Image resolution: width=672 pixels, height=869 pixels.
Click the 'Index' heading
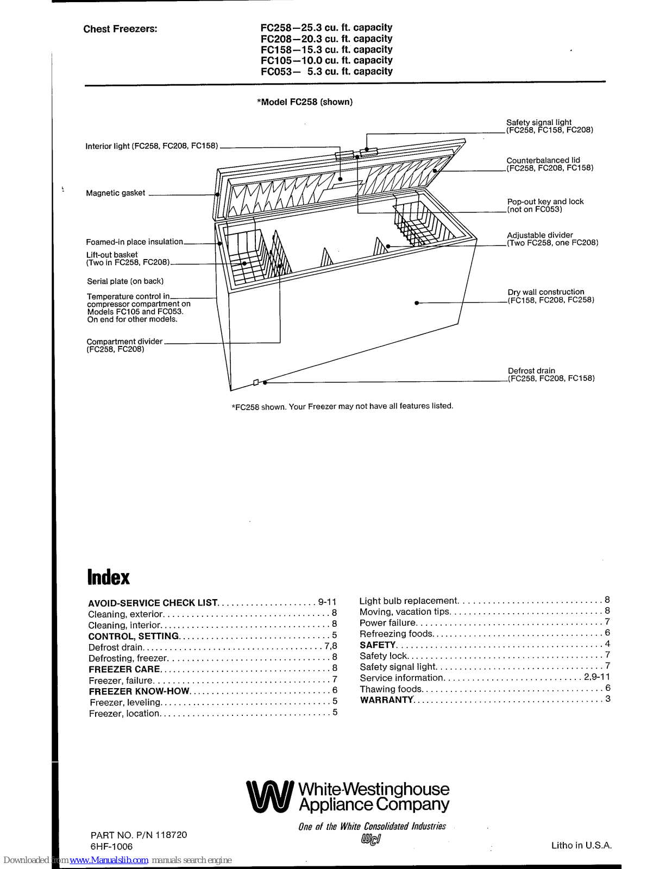[x=109, y=577]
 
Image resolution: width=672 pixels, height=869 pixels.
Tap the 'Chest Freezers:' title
[x=120, y=29]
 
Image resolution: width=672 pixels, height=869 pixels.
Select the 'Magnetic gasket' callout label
[x=116, y=193]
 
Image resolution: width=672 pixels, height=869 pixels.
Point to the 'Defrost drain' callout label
[x=531, y=371]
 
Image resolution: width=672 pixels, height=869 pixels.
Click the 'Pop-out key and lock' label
[x=545, y=201]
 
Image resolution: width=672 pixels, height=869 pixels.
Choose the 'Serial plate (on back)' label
[x=125, y=281]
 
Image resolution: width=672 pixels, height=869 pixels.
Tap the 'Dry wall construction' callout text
[x=545, y=292]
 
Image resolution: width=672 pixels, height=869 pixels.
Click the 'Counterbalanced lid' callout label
[x=543, y=160]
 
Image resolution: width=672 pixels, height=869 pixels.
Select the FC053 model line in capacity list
[x=326, y=72]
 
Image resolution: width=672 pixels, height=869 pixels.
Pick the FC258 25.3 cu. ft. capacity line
[x=326, y=28]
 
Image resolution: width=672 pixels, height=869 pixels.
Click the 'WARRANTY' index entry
[x=386, y=700]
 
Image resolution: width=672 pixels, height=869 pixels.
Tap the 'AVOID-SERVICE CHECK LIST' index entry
[x=153, y=603]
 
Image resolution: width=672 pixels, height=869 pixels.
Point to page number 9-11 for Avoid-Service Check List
[x=327, y=602]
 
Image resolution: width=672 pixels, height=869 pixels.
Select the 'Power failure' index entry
[x=387, y=623]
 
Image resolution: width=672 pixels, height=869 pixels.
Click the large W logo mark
[x=269, y=797]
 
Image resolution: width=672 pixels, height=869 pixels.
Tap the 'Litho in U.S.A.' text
[x=581, y=846]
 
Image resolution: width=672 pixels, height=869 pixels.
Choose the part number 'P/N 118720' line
[x=139, y=835]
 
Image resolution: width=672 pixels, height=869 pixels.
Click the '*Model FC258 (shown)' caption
[x=304, y=102]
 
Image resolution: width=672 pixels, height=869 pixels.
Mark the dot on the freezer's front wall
[x=416, y=303]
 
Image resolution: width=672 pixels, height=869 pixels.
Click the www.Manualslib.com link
[x=109, y=860]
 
